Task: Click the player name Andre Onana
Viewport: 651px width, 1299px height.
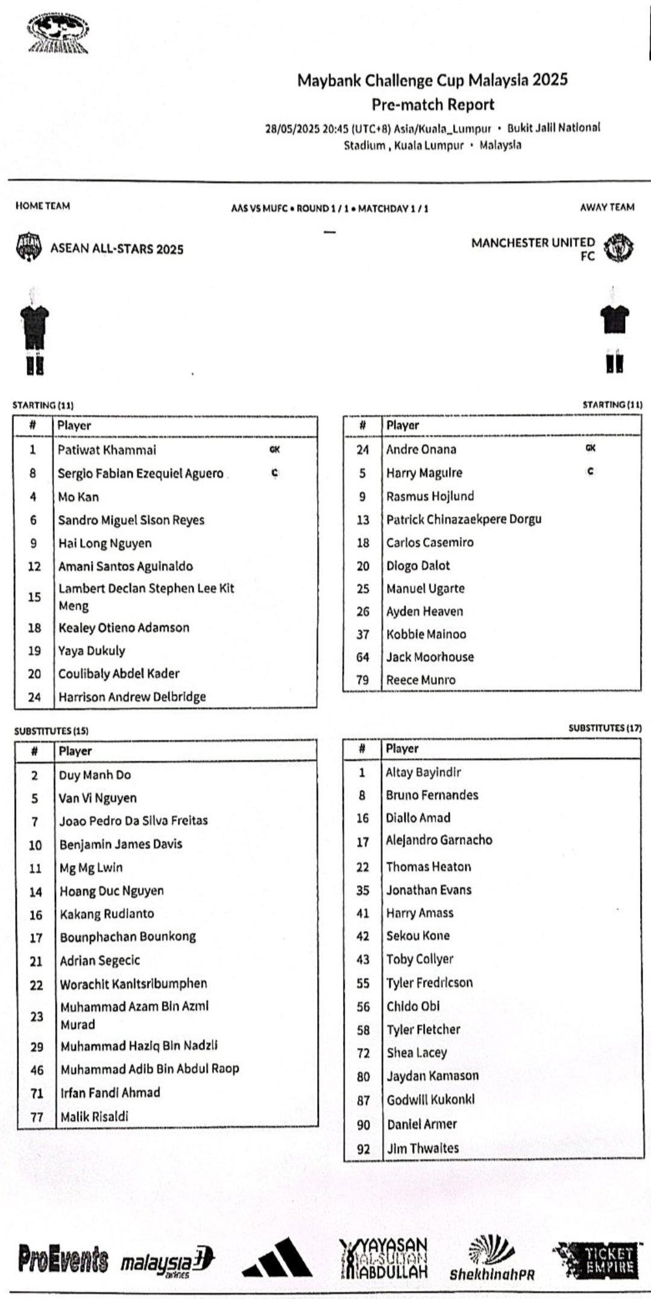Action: tap(421, 449)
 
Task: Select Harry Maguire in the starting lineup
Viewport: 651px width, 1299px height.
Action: tap(424, 473)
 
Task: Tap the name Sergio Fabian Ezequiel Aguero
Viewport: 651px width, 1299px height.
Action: tap(140, 474)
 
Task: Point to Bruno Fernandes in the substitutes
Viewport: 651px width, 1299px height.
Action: tap(432, 795)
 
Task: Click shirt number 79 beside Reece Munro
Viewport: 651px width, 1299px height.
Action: tap(362, 680)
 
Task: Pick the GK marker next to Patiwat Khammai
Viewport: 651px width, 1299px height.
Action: tap(274, 449)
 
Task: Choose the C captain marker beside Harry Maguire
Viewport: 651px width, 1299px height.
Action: tap(590, 471)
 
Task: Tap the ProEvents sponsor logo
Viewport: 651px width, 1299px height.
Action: tap(63, 1259)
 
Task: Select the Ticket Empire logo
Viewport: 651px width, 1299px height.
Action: tap(597, 1259)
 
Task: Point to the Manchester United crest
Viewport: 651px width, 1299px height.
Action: tap(618, 249)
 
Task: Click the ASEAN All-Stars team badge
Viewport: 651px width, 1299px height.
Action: tap(28, 247)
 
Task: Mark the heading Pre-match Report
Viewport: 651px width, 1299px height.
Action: tap(433, 104)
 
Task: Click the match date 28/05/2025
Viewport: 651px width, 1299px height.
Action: tap(292, 129)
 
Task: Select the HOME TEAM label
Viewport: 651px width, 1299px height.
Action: tap(42, 206)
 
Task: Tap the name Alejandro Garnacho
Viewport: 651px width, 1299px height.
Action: tap(439, 840)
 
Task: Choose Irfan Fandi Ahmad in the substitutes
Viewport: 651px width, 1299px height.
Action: tap(110, 1093)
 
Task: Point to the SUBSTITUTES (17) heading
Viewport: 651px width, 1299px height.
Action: tap(605, 728)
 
